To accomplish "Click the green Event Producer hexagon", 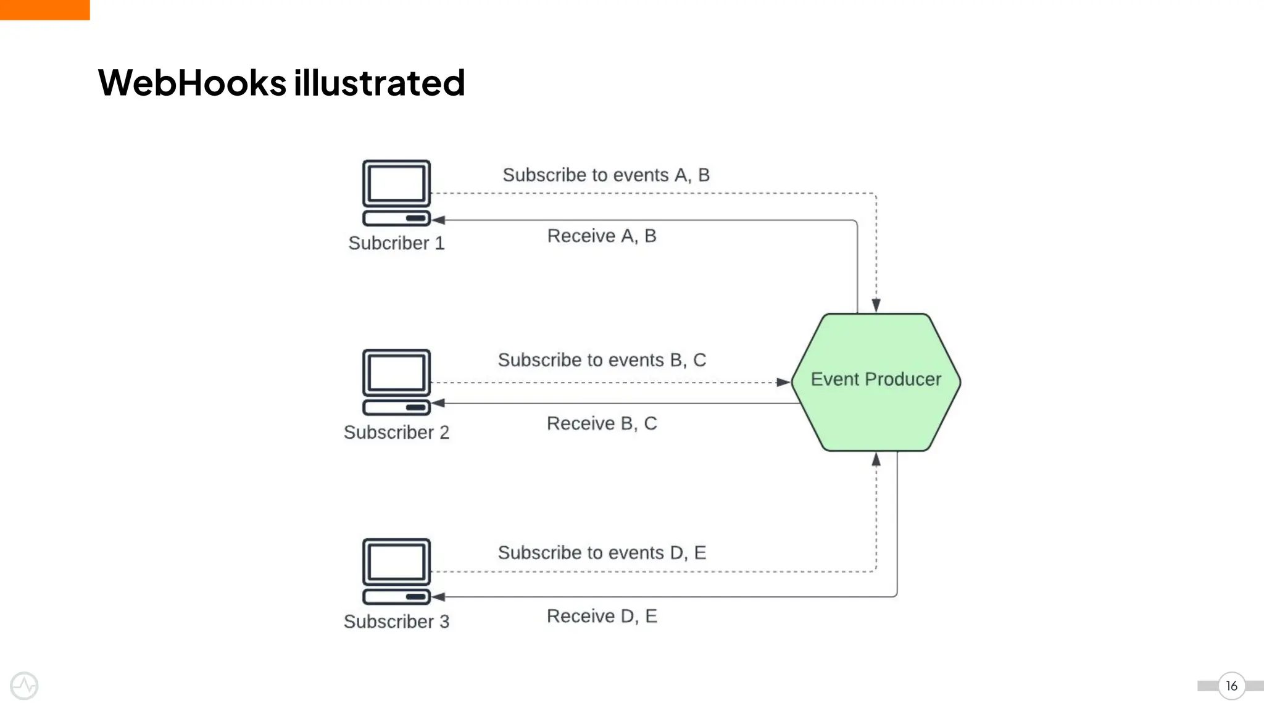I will (x=876, y=382).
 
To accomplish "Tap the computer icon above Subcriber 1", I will (x=396, y=193).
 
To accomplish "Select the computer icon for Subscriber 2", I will (x=396, y=381).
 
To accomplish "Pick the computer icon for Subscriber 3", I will (x=396, y=571).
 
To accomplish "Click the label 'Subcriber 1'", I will (x=396, y=243).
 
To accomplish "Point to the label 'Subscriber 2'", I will (x=396, y=432).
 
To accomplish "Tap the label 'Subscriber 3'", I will (x=396, y=622).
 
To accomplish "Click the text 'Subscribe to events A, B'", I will (x=605, y=175).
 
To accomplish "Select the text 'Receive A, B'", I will (x=602, y=236).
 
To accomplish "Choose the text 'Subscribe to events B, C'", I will (x=602, y=360).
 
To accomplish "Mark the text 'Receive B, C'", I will (x=602, y=423).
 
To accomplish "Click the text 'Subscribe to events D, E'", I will (x=602, y=552).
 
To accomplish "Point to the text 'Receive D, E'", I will (x=602, y=616).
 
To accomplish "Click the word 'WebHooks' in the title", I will (x=192, y=83).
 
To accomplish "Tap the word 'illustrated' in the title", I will (x=379, y=83).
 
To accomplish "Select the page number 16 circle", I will (x=1231, y=686).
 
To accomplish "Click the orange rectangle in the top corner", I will (x=44, y=9).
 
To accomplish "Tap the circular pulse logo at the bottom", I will (x=24, y=686).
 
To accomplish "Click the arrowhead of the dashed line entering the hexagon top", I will (x=876, y=306).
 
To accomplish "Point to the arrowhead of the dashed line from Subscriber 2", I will (x=783, y=383).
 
